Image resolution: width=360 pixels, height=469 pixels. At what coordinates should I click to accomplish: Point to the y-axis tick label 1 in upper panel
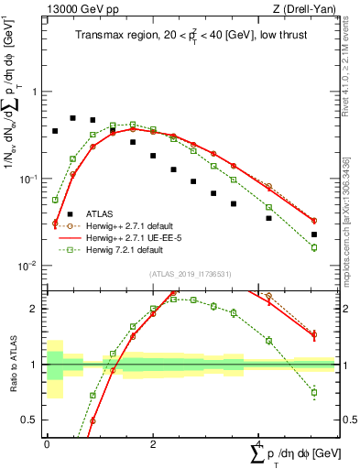pyautogui.click(x=34, y=93)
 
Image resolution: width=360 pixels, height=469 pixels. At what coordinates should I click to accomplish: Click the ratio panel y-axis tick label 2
pyautogui.click(x=34, y=309)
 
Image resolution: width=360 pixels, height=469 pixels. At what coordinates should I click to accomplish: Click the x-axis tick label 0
pyautogui.click(x=47, y=442)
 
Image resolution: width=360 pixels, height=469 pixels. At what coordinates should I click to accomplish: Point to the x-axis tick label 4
pyautogui.click(x=256, y=442)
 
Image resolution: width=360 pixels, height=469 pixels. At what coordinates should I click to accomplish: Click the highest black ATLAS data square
pyautogui.click(x=73, y=118)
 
